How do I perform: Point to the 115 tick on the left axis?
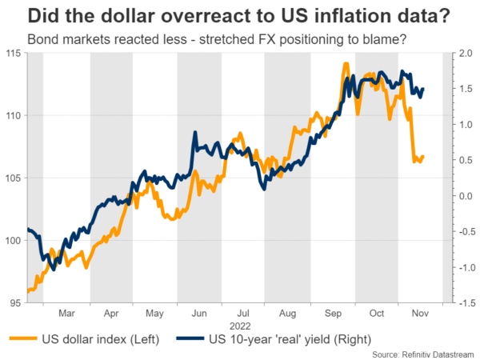tap(14, 53)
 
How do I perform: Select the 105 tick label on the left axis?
tap(14, 178)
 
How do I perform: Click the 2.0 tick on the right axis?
tap(464, 53)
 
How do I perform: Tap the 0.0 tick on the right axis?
tap(464, 196)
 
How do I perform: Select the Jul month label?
tap(243, 314)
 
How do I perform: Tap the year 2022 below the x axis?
tap(243, 326)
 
